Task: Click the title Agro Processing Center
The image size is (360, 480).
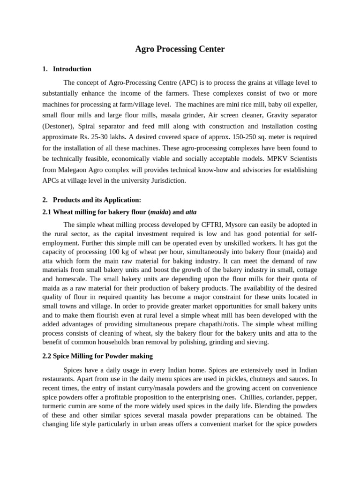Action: click(180, 49)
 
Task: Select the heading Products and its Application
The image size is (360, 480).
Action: click(97, 200)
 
